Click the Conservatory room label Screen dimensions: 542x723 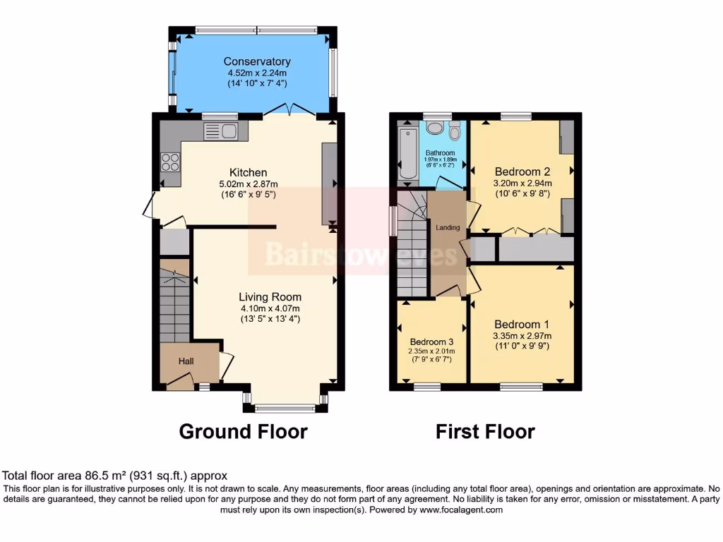click(x=257, y=61)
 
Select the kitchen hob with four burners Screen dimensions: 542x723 click(x=171, y=162)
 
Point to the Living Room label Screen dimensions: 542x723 click(x=270, y=297)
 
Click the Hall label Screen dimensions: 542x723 click(x=186, y=361)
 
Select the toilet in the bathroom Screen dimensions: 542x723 click(x=454, y=132)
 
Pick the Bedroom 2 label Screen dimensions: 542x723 click(x=522, y=171)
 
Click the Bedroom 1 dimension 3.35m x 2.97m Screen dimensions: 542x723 click(x=522, y=336)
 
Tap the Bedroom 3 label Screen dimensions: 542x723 click(x=431, y=339)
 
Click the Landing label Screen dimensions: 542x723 click(x=448, y=227)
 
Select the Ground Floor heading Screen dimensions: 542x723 click(x=243, y=431)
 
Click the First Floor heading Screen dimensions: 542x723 click(x=484, y=431)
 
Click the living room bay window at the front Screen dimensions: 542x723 click(x=285, y=407)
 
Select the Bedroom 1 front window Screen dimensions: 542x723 click(x=522, y=386)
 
